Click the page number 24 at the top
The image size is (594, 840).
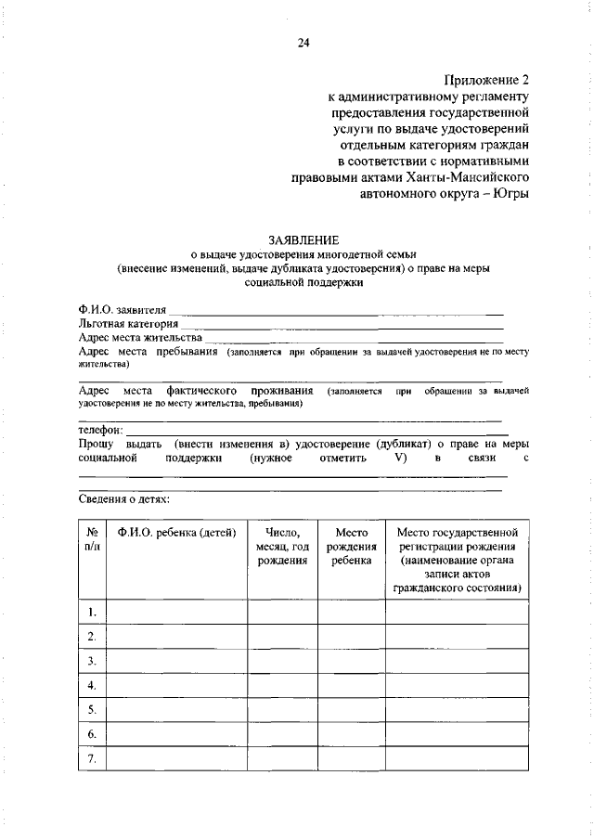point(303,42)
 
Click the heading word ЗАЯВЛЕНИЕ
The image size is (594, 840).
point(302,239)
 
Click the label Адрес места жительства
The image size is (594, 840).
point(140,338)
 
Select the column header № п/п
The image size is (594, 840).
point(93,540)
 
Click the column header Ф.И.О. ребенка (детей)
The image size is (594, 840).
point(176,533)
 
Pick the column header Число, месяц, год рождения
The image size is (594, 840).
point(282,547)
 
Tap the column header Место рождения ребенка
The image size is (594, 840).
point(351,547)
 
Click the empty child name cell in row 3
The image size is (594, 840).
point(176,661)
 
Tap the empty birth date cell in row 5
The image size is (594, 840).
point(282,710)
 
